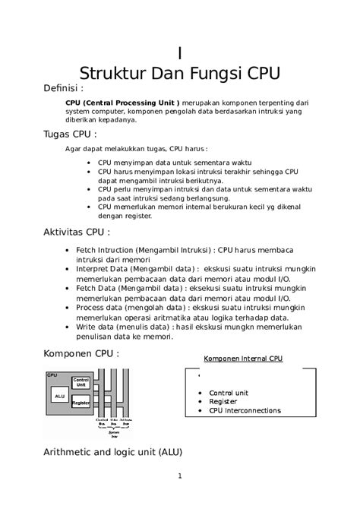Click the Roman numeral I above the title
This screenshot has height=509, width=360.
click(x=179, y=54)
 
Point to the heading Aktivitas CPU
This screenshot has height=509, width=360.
click(x=77, y=232)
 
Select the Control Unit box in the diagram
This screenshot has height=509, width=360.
click(x=81, y=383)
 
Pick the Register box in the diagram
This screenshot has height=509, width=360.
click(x=81, y=402)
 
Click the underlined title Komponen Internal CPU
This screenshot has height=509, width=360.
click(x=243, y=359)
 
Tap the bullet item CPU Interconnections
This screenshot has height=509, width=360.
click(x=245, y=410)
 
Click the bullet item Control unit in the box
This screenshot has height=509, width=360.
click(x=229, y=393)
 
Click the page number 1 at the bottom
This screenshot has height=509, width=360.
click(x=180, y=476)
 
